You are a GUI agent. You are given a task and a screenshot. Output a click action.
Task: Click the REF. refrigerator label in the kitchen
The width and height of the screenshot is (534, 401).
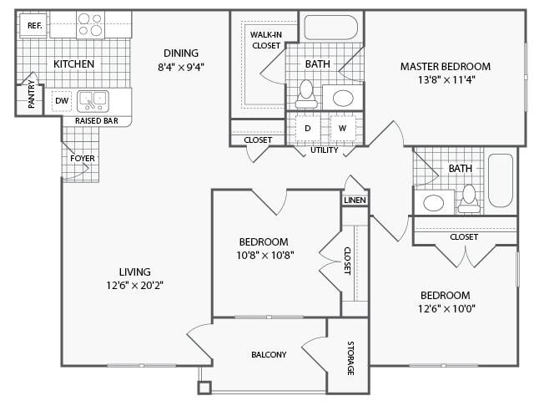coord(34,26)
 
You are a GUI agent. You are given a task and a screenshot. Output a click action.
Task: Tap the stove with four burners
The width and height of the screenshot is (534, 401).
coord(90,25)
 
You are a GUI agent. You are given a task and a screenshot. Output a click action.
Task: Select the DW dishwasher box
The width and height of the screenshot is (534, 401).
coord(61,101)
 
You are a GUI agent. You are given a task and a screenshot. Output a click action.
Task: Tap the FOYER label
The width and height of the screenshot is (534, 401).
coord(82,158)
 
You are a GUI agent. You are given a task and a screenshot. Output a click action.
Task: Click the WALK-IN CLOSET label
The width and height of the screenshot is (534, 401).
coord(264,39)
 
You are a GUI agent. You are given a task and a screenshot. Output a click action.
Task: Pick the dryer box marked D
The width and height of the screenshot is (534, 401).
coord(306,129)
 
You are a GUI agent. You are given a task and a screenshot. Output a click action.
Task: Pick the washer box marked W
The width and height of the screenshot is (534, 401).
coord(341,129)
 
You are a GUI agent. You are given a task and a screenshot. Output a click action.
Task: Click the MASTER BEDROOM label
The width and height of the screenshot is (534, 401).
coord(445,66)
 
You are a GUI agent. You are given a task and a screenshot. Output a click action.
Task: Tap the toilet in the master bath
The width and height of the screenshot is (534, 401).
coord(306,94)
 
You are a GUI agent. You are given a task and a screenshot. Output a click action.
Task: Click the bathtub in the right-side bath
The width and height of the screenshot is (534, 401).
coord(501,180)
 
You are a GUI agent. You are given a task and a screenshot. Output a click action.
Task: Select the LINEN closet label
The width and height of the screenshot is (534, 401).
coord(354,200)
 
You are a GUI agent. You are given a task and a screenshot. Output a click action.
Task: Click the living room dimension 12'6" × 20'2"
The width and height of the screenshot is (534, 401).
coord(134,285)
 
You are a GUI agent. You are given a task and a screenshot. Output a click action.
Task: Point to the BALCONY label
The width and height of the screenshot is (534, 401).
coord(269,354)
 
